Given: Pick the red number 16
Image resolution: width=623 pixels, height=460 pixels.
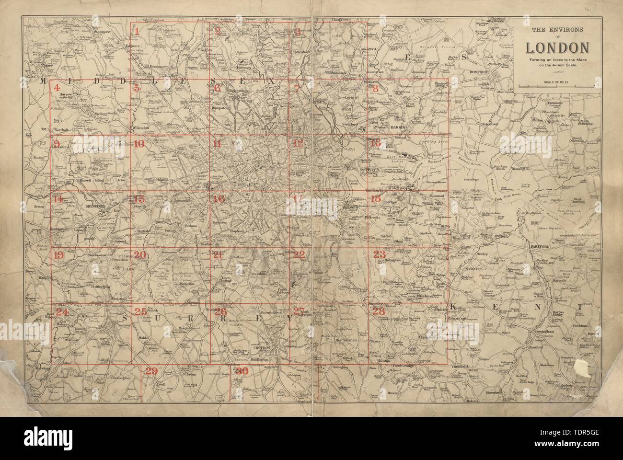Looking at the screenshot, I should (x=219, y=199).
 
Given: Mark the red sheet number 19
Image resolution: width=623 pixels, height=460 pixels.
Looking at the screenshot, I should (x=58, y=255).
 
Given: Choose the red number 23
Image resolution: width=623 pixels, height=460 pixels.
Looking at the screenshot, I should (x=379, y=255).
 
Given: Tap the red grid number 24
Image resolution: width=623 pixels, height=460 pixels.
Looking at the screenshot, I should (x=62, y=312).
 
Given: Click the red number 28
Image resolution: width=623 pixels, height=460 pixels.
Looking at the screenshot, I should (x=379, y=311).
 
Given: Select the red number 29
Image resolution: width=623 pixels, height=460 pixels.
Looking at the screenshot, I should (x=151, y=371).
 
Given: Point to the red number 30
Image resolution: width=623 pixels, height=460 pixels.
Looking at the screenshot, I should (x=241, y=371).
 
